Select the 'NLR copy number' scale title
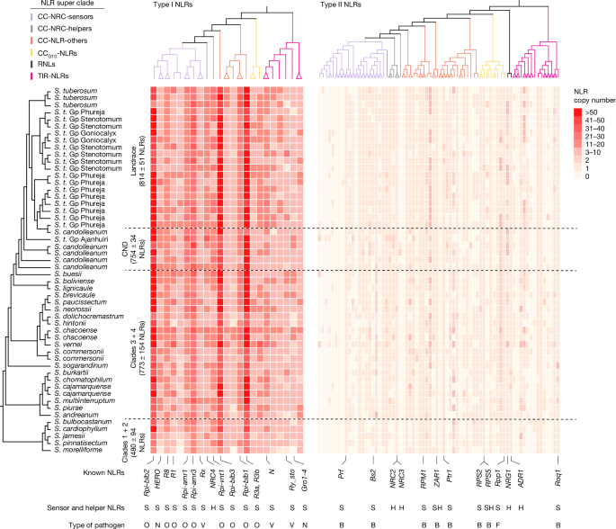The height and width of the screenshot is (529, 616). (590, 97)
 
